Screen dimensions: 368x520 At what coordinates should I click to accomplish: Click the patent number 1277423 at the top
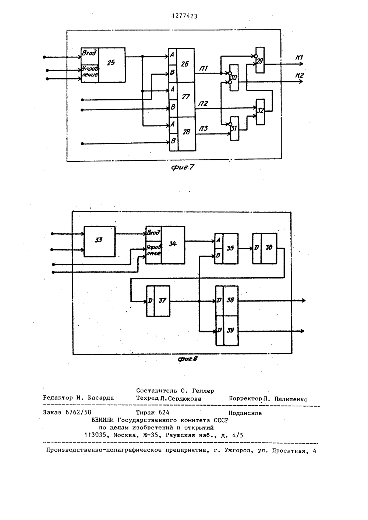(185, 16)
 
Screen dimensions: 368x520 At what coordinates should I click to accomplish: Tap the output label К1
(300, 57)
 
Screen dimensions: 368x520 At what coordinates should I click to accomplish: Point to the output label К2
(300, 75)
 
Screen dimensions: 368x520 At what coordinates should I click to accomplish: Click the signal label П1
(204, 68)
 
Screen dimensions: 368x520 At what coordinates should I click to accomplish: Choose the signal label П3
(203, 128)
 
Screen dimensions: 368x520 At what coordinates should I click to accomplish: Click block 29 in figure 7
(260, 60)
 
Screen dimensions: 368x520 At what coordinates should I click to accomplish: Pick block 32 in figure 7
(260, 112)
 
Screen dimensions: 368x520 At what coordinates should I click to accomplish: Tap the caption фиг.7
(183, 167)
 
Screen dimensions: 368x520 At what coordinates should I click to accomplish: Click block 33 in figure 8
(99, 241)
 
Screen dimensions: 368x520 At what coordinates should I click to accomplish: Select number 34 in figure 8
(173, 243)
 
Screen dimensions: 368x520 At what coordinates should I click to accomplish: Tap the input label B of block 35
(218, 256)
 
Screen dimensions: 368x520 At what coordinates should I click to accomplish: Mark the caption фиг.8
(187, 359)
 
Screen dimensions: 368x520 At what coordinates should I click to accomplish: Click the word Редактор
(58, 398)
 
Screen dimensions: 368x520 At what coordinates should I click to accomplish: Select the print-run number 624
(164, 412)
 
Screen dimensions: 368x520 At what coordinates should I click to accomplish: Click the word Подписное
(245, 413)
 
